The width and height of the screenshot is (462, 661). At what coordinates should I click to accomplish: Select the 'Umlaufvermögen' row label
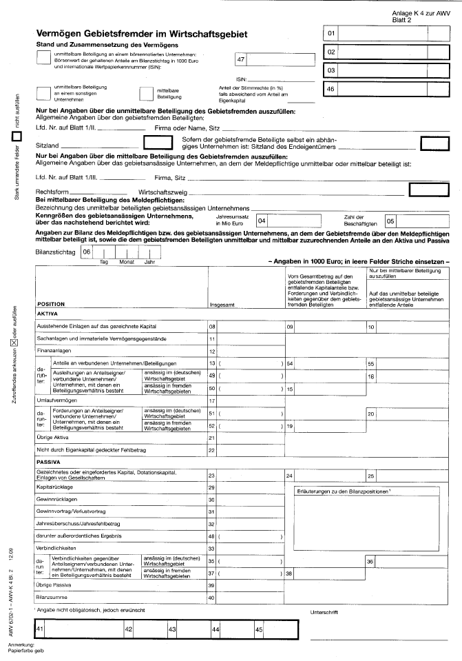tap(59, 400)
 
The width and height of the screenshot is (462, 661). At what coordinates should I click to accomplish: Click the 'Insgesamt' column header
tap(222, 303)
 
